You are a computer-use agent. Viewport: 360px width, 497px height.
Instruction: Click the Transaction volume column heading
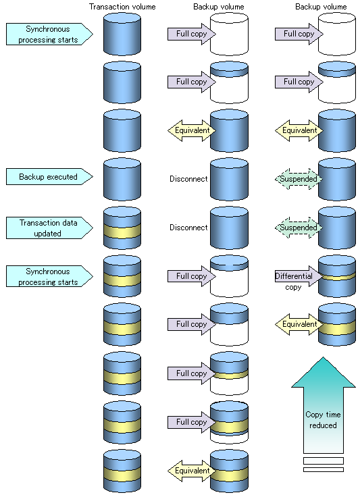[x=122, y=7]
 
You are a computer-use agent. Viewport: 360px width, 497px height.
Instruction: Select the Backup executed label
[x=49, y=176]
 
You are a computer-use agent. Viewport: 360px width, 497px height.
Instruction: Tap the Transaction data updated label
[x=49, y=228]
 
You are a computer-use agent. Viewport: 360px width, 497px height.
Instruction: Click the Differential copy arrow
[x=299, y=276]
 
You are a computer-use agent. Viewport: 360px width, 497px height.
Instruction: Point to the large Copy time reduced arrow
[x=324, y=406]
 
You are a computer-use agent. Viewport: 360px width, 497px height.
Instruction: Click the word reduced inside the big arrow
[x=323, y=425]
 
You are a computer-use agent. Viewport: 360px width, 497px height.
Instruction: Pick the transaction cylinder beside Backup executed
[x=122, y=179]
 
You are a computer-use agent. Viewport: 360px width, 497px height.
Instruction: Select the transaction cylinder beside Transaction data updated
[x=122, y=228]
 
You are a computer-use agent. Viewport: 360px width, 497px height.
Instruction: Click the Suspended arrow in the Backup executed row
[x=299, y=179]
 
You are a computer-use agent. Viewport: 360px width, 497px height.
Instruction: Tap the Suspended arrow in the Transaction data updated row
[x=299, y=228]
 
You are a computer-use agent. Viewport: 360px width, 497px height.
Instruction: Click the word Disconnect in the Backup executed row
[x=188, y=179]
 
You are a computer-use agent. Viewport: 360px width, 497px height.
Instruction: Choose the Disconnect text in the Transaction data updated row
[x=188, y=228]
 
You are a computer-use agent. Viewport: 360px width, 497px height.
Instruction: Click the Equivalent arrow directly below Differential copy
[x=299, y=324]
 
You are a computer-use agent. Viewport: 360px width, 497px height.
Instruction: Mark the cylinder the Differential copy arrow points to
[x=337, y=276]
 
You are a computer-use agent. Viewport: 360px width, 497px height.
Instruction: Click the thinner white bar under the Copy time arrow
[x=324, y=469]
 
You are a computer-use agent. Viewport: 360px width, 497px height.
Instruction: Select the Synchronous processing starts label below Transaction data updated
[x=49, y=276]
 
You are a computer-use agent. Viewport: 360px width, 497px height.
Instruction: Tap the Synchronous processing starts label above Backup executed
[x=49, y=34]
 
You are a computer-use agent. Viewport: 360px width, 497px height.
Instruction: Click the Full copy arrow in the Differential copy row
[x=192, y=276]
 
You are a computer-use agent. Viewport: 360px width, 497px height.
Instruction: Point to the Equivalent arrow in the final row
[x=192, y=471]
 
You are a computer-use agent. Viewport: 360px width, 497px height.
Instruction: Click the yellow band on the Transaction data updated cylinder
[x=122, y=232]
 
